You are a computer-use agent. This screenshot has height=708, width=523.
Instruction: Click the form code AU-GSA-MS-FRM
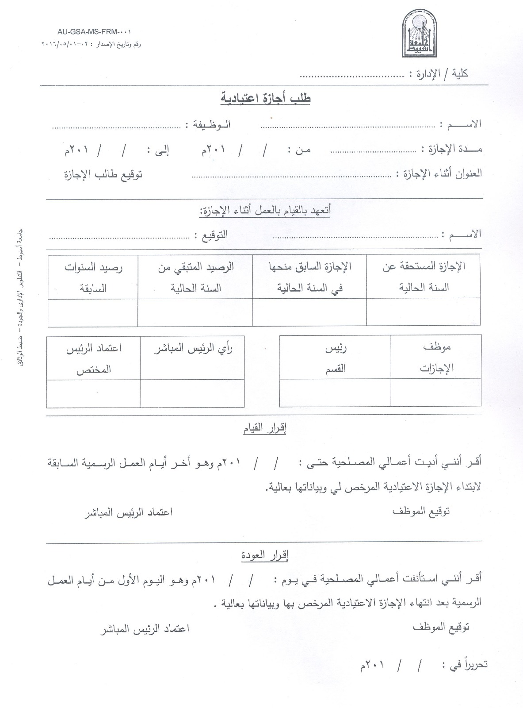[x=94, y=32]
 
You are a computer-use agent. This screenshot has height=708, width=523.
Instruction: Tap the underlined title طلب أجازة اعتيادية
[x=266, y=98]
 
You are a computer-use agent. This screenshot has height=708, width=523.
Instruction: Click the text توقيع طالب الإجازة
[x=103, y=174]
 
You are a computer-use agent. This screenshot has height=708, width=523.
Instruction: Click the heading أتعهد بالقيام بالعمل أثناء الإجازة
[x=265, y=210]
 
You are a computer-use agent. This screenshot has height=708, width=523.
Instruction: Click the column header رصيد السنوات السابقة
[x=93, y=277]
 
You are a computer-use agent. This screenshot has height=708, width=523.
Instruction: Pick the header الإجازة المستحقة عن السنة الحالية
[x=424, y=277]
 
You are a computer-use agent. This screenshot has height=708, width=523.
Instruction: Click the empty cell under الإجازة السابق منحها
[x=309, y=312]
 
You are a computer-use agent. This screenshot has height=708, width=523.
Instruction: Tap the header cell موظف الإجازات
[x=436, y=357]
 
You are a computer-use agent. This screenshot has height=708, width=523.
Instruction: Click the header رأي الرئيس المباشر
[x=193, y=349]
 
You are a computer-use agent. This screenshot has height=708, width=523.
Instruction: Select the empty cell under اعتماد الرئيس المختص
[x=93, y=393]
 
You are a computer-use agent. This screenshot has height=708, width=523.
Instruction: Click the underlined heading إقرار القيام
[x=265, y=428]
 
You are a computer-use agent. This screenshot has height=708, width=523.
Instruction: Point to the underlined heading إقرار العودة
[x=265, y=555]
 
